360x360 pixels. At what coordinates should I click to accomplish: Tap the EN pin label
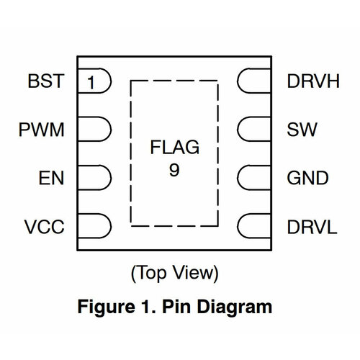coord(50,178)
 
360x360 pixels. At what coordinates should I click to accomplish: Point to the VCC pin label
coord(44,226)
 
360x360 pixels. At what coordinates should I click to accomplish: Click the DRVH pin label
coord(312,82)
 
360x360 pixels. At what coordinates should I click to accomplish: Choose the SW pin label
coord(298,130)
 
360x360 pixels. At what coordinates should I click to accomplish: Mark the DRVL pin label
coord(311,226)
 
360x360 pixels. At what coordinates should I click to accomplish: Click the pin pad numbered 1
coord(94,82)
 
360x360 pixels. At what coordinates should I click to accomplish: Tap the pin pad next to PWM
coord(94,130)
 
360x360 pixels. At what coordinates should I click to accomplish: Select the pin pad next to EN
coord(94,178)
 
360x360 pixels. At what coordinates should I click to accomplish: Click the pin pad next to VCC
coord(94,226)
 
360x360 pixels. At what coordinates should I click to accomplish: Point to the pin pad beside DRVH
coord(254,82)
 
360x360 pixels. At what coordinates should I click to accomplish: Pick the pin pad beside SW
coord(254,130)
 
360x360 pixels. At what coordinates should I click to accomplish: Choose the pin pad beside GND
coord(254,178)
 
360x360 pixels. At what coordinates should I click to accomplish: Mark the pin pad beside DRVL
coord(254,226)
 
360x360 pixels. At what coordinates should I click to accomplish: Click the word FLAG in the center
coord(174,149)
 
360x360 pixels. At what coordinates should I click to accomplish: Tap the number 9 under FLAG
coord(174,171)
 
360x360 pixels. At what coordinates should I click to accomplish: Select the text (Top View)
coord(174,274)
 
